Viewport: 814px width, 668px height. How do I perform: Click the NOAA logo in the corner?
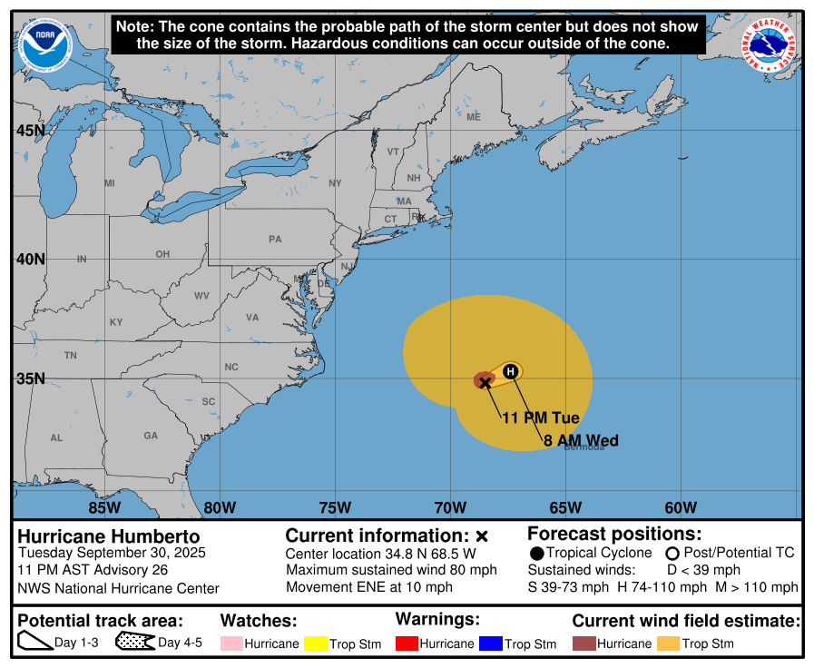click(x=44, y=45)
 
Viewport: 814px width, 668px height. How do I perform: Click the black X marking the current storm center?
click(x=485, y=382)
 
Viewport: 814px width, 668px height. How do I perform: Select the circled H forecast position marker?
click(x=511, y=371)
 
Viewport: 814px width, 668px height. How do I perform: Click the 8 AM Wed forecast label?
click(x=581, y=440)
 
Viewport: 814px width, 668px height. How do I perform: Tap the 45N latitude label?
click(x=30, y=131)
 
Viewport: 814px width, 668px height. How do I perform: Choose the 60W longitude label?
click(x=681, y=507)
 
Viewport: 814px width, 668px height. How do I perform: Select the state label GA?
click(x=151, y=436)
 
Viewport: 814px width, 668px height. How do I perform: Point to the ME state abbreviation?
click(x=473, y=117)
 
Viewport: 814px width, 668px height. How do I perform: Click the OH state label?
click(x=162, y=254)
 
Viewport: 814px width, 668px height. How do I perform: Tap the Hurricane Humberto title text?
click(x=109, y=536)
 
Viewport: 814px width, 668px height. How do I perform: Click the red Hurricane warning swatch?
click(x=406, y=643)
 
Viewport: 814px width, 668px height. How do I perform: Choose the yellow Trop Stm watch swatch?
click(x=315, y=643)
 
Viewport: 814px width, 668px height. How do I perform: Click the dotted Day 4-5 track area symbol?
click(x=134, y=643)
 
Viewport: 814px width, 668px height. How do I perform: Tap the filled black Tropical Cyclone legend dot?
click(x=536, y=554)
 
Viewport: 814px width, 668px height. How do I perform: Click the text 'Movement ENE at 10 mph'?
click(x=368, y=587)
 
